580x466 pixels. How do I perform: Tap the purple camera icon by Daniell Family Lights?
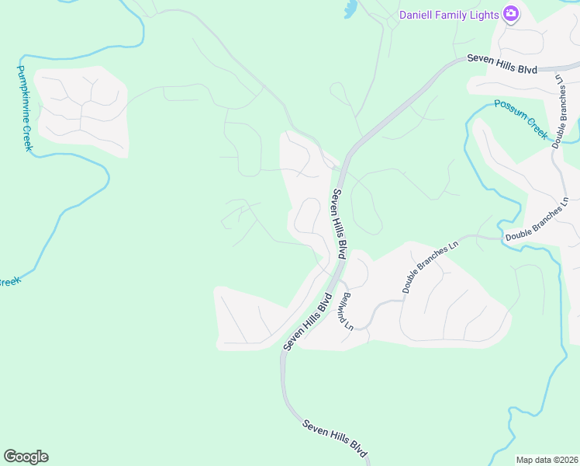510,14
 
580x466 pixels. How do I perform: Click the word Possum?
511,109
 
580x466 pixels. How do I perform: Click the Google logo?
26,457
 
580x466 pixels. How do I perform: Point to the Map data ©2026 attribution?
547,460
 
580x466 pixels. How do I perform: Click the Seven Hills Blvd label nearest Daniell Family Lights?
502,64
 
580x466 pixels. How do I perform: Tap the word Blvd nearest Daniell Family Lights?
527,69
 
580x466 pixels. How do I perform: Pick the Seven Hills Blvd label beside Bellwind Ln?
307,321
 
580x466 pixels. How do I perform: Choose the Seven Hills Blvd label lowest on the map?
334,438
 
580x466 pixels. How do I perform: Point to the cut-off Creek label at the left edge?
9,282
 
